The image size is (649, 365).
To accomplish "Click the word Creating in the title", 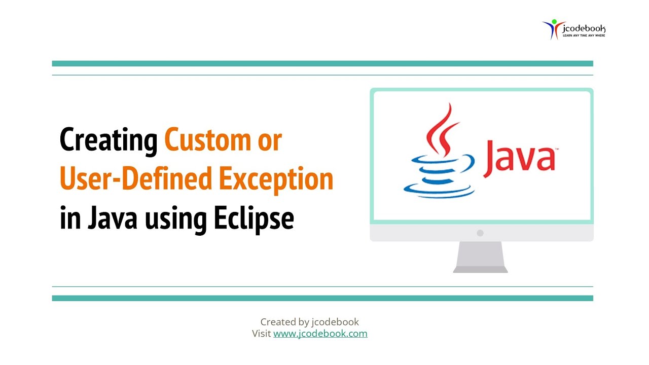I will point(109,140).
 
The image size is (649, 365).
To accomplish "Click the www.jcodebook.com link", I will point(320,334).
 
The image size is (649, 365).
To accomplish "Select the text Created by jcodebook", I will point(309,322).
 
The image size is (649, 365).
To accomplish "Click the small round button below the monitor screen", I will point(480,233).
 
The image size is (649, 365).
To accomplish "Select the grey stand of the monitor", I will point(480,258).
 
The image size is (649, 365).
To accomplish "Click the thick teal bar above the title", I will point(322,64).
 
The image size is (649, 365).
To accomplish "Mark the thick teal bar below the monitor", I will point(322,298).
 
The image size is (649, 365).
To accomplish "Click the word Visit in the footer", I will point(262,334).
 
